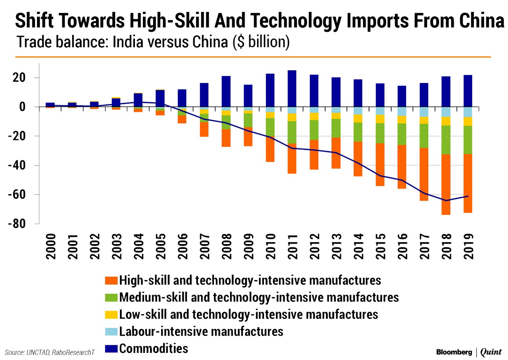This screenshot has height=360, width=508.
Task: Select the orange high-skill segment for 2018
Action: pyautogui.click(x=446, y=184)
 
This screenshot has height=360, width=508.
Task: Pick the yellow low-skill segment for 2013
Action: pyautogui.click(x=336, y=116)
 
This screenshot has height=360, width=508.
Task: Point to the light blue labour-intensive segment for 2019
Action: pyautogui.click(x=468, y=112)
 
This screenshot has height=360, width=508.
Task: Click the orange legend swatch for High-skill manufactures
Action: pyautogui.click(x=112, y=281)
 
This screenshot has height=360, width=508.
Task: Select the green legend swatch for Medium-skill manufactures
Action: pyautogui.click(x=112, y=297)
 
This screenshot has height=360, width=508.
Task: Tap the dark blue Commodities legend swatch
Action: pyautogui.click(x=112, y=349)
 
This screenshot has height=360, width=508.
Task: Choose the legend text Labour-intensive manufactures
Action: pyautogui.click(x=201, y=331)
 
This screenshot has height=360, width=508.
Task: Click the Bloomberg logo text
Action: pyautogui.click(x=452, y=352)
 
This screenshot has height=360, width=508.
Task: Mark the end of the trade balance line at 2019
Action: pyautogui.click(x=468, y=196)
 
